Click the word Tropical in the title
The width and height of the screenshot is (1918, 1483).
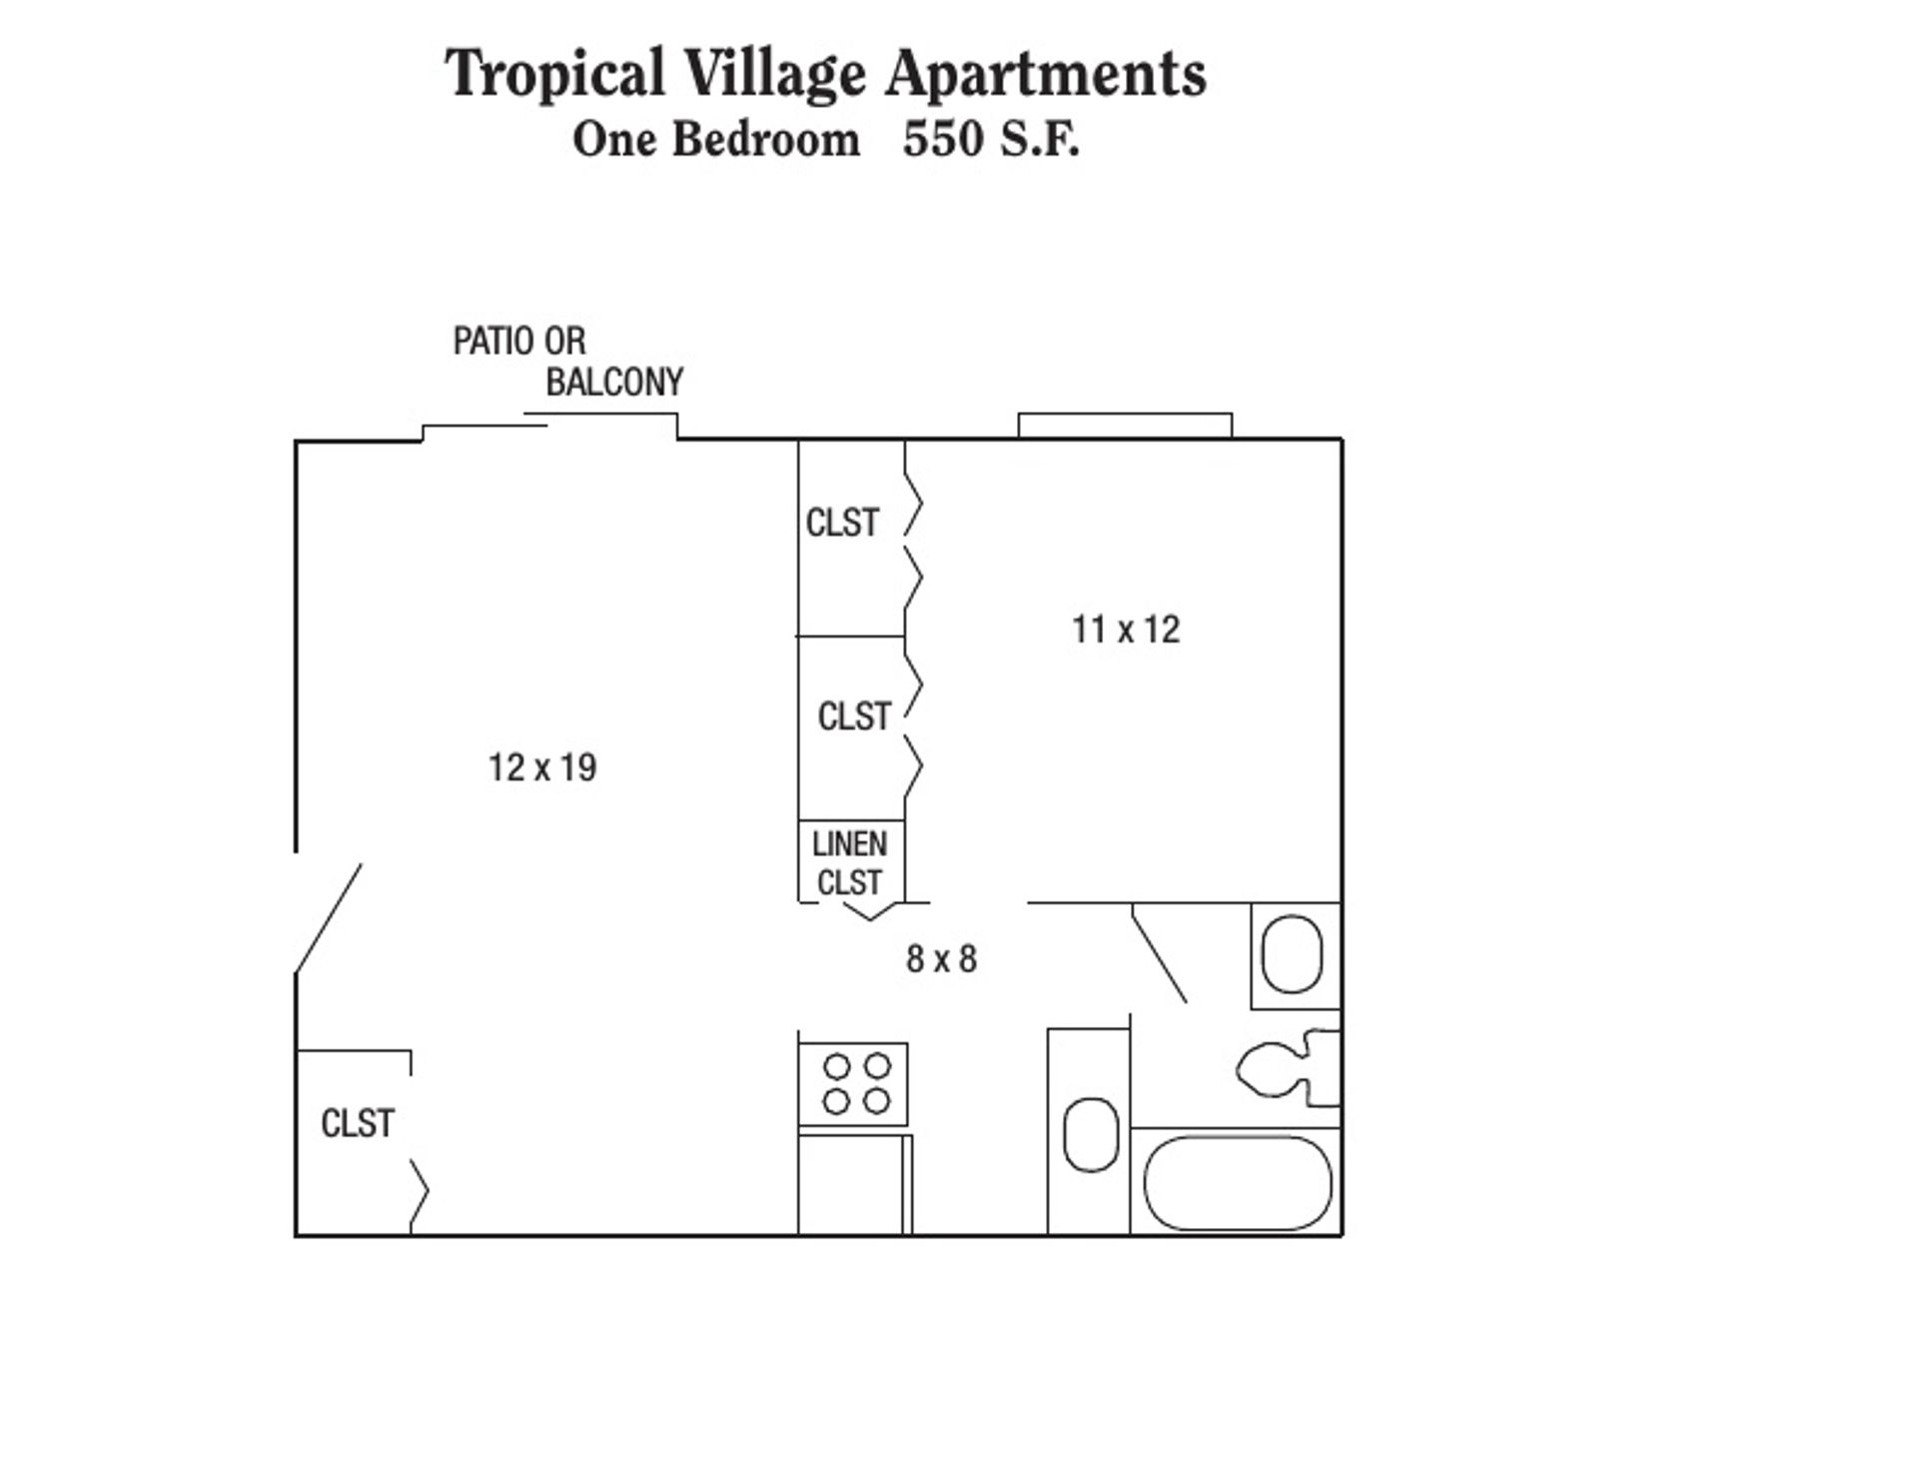click(554, 73)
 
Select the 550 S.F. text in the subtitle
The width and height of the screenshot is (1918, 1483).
click(991, 139)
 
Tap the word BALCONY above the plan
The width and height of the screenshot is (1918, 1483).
click(614, 382)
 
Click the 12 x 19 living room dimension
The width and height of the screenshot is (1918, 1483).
click(542, 767)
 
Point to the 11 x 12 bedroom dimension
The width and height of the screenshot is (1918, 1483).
click(1126, 630)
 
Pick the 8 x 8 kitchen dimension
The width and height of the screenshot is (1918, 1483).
click(941, 959)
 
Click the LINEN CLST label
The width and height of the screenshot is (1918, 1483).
click(849, 863)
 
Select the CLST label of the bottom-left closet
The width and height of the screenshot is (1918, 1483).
click(358, 1123)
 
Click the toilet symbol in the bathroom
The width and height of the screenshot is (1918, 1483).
click(1289, 1069)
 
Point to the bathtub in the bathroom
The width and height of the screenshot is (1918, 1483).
click(1237, 1183)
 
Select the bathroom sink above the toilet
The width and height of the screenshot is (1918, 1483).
click(1293, 953)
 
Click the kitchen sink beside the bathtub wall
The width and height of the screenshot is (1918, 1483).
click(1090, 1135)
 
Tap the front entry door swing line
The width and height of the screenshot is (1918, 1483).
click(329, 917)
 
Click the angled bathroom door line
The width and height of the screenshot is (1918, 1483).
click(1159, 953)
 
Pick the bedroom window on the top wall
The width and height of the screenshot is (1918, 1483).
click(1125, 425)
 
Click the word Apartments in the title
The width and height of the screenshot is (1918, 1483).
click(1046, 73)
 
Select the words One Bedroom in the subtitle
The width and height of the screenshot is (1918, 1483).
click(715, 139)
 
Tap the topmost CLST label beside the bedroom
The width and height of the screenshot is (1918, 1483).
click(842, 523)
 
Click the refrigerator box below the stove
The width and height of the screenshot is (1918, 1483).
click(851, 1184)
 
